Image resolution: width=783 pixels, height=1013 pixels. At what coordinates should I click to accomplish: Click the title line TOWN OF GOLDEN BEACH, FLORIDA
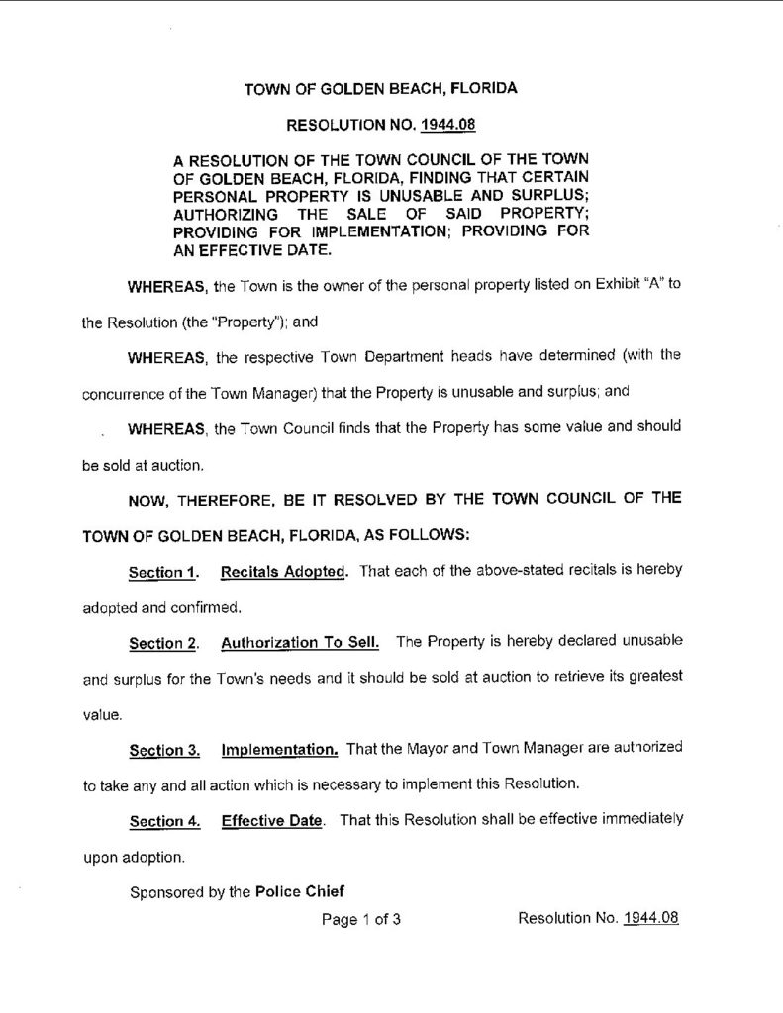(x=381, y=89)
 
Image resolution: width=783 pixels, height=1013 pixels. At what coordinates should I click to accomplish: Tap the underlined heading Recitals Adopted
(x=283, y=573)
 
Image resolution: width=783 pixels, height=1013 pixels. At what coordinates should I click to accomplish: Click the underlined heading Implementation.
(x=280, y=749)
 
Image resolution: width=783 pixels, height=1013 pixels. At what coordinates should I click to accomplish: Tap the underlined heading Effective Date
(x=272, y=821)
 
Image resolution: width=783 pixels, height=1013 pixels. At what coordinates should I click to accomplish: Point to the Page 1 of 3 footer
(x=361, y=920)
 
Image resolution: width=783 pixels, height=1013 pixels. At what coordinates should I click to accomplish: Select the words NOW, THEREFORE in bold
(x=194, y=499)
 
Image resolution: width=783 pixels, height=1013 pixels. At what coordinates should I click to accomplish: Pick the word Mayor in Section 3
(x=426, y=749)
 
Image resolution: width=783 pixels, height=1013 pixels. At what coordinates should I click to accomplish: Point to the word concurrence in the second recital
(x=117, y=391)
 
